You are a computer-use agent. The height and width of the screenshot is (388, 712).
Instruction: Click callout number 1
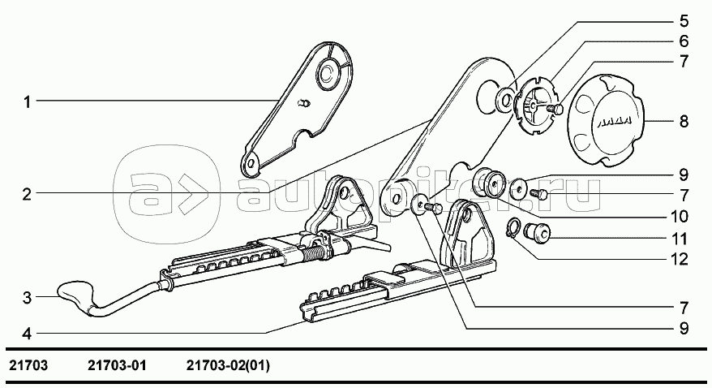coord(28,101)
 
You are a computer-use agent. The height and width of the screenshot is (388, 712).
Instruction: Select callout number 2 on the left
coord(27,195)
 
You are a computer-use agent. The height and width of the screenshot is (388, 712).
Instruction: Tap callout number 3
coord(27,298)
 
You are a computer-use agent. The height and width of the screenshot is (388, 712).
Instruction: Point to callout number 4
coord(27,334)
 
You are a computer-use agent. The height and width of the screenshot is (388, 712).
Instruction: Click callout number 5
coord(684,21)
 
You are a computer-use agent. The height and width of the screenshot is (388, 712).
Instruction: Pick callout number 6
coord(684,41)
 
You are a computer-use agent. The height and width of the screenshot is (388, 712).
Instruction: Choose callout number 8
coord(684,121)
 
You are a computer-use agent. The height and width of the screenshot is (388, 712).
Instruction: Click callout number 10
coord(680,216)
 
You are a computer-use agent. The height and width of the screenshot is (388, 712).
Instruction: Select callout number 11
coord(680,239)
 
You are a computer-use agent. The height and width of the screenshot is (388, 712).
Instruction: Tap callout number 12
coord(680,259)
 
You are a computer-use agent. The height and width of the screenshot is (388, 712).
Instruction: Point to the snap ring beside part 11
coord(514,227)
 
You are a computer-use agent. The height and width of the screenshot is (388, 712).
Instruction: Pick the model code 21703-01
coord(117,365)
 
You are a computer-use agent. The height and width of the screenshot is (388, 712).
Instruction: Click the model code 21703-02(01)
coord(228,365)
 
